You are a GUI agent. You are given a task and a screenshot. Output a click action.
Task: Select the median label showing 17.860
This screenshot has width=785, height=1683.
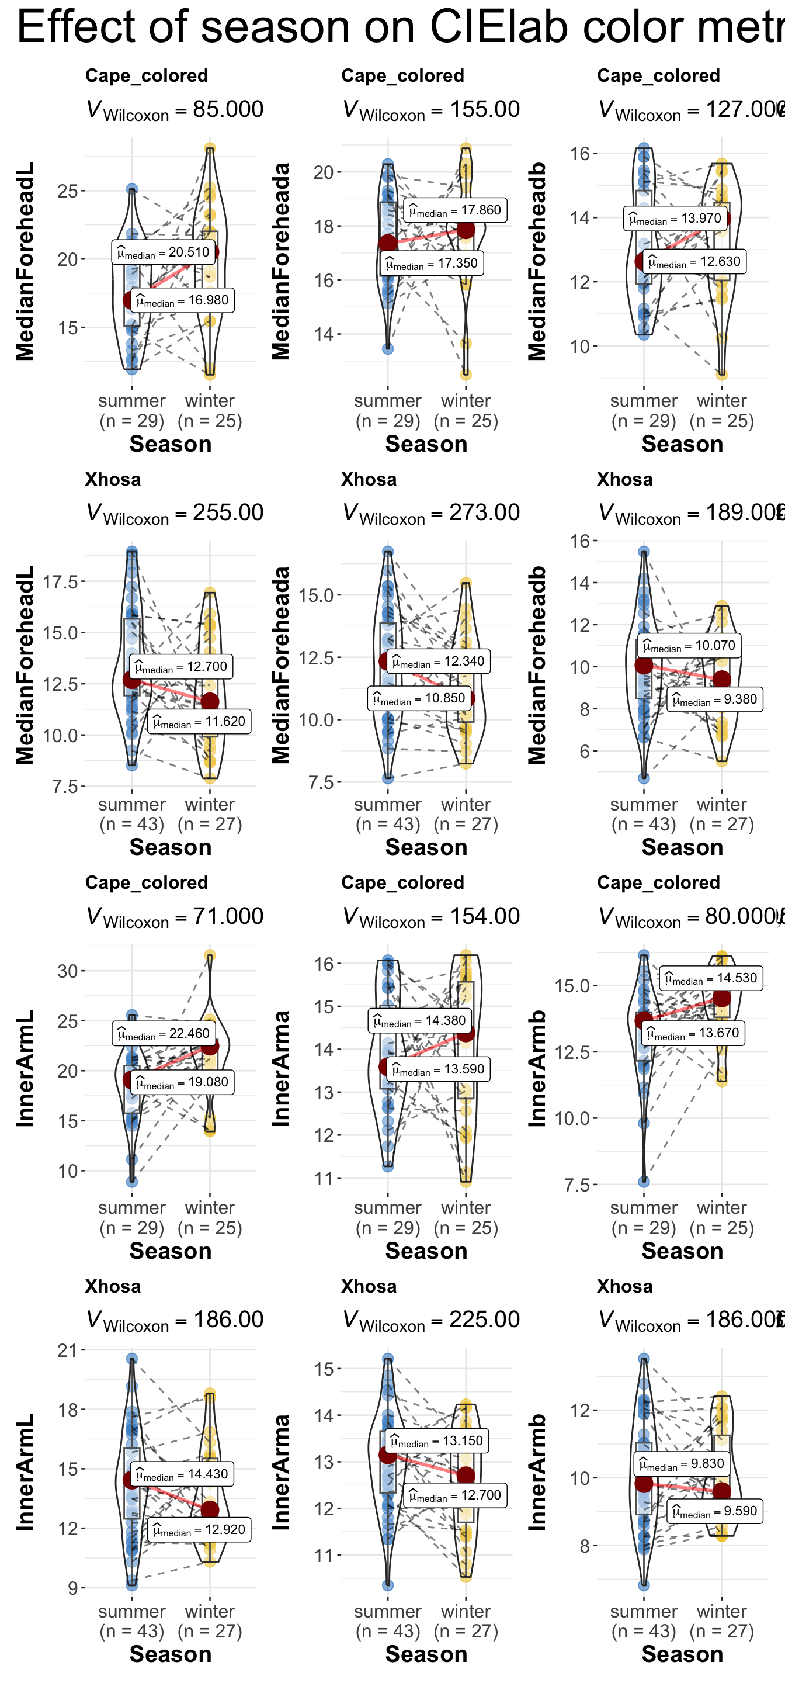(x=455, y=210)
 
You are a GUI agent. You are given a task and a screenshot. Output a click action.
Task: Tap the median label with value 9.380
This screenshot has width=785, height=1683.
(x=715, y=699)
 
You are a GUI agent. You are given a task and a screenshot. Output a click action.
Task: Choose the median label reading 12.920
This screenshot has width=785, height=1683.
(x=199, y=1529)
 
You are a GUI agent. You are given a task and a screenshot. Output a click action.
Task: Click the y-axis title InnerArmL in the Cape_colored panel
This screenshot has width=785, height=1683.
(x=24, y=1068)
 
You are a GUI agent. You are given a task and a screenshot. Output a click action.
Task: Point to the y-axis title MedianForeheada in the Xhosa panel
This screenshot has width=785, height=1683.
(x=280, y=665)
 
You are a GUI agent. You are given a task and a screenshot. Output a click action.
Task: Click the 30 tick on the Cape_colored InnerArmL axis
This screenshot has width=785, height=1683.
(x=68, y=971)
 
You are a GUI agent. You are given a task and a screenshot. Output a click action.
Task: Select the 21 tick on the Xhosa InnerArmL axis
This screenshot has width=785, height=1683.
(x=68, y=1350)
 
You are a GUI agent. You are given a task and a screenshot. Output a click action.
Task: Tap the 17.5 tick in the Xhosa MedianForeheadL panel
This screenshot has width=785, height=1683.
(x=60, y=581)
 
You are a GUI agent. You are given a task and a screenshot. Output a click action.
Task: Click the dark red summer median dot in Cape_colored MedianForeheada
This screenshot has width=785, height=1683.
(x=388, y=243)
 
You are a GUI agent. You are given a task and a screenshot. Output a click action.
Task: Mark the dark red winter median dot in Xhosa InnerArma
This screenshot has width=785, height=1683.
(x=466, y=1475)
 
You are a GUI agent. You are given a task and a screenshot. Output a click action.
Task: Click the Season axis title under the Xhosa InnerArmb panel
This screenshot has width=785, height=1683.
(x=682, y=1654)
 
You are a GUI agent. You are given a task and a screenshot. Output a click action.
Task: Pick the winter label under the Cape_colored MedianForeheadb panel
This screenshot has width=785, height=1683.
(x=722, y=400)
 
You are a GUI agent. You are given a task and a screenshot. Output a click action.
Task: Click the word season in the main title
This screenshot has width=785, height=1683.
(x=308, y=27)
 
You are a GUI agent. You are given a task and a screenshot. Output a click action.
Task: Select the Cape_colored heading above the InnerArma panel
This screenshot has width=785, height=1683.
(x=402, y=882)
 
